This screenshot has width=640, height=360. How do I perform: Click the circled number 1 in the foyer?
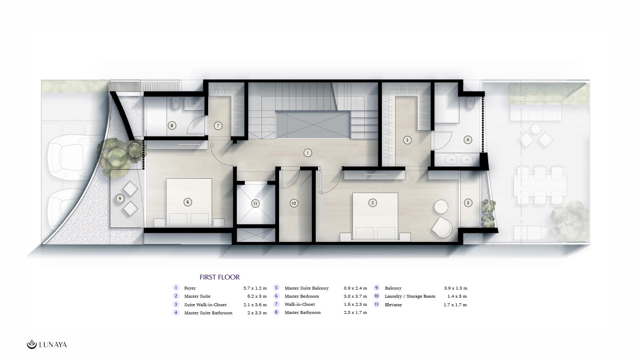308,153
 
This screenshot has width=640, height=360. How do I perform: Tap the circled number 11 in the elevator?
255,204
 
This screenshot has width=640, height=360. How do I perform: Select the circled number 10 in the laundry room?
294,203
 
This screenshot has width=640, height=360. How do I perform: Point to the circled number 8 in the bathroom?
172,125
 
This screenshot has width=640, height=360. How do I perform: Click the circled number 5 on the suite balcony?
468,203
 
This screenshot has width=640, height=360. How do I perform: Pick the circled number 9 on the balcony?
120,199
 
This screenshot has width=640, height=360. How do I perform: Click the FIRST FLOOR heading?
219,277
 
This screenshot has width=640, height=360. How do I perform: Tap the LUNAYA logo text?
53,345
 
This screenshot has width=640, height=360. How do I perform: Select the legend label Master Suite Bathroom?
208,313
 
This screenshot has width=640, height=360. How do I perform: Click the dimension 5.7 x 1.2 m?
255,288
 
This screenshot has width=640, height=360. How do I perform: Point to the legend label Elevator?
393,305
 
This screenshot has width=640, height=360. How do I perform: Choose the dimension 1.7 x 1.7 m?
455,305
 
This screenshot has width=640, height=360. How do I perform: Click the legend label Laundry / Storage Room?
410,296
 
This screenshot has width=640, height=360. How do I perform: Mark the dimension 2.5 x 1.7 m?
355,313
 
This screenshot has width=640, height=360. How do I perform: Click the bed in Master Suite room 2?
375,217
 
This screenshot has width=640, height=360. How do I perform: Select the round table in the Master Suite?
441,207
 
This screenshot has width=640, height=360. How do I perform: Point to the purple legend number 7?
276,304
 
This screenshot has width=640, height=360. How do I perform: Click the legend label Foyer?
190,288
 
